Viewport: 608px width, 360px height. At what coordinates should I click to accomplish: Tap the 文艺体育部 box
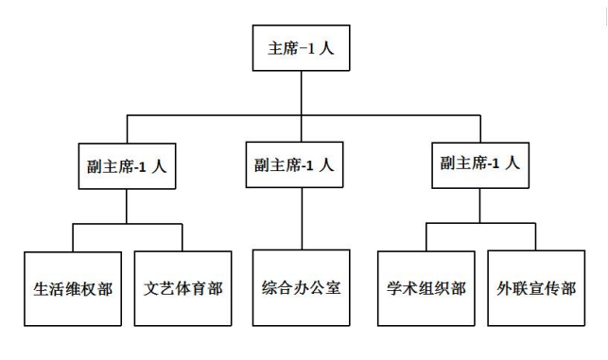point(182,288)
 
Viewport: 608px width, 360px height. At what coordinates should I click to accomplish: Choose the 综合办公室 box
point(301,286)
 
